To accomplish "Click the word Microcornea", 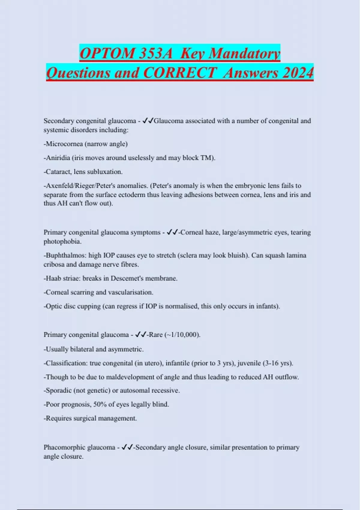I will [64, 144].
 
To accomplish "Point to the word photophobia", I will [62, 241].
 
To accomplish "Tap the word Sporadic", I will [58, 391].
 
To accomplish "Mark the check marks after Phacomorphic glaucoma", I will [127, 447].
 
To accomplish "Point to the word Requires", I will [58, 418].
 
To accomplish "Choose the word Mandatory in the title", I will [244, 53].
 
